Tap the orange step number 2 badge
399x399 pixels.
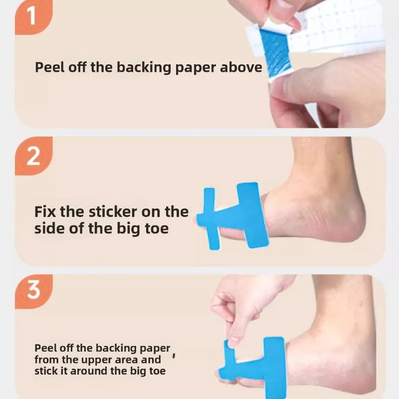(33, 156)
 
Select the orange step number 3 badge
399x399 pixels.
(33, 291)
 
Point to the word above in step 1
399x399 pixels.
(241, 67)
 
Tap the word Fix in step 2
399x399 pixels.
(45, 211)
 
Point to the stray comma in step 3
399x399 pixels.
(174, 355)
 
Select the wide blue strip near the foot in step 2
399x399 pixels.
(252, 215)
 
